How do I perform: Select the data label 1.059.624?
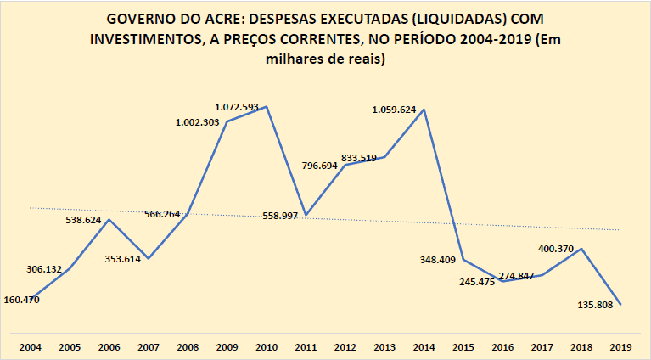tap(399, 110)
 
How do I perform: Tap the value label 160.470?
tap(22, 299)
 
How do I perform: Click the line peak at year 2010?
tap(267, 106)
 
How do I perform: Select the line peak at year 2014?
tap(424, 109)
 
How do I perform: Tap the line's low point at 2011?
tap(306, 215)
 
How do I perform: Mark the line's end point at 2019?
tap(621, 305)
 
